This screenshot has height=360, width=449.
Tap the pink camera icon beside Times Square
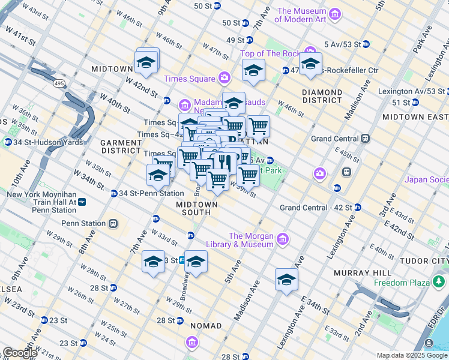[x=224, y=78]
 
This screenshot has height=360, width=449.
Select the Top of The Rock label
[x=269, y=53]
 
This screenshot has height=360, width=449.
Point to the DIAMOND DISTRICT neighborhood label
[x=322, y=96]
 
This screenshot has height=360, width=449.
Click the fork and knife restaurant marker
[x=226, y=162]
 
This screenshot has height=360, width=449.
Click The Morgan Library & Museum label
[x=251, y=240]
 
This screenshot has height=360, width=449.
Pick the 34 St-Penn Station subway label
[x=151, y=193]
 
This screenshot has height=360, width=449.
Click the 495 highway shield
[x=58, y=82]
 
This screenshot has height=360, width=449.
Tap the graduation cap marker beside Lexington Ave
[x=287, y=280]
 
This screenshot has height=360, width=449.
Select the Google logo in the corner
[x=20, y=353]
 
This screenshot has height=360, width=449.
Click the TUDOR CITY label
[x=428, y=261]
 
